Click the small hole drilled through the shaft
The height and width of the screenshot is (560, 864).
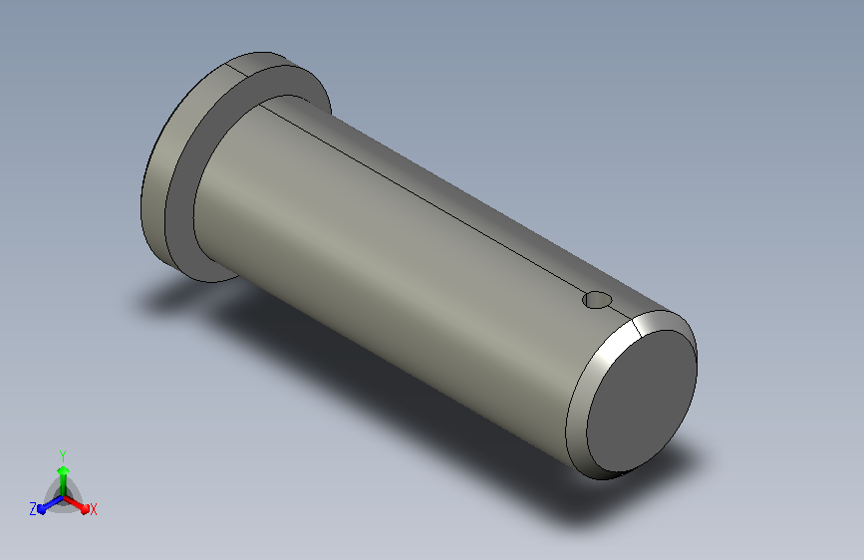(597, 300)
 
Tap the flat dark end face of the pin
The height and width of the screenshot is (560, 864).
(642, 401)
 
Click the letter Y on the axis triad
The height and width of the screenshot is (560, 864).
(63, 455)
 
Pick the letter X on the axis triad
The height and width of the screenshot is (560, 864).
(93, 510)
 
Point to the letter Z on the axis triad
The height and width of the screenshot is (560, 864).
(33, 509)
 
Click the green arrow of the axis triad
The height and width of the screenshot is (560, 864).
(64, 480)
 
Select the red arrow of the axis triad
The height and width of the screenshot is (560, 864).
(76, 504)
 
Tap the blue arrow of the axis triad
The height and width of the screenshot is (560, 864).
(50, 504)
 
